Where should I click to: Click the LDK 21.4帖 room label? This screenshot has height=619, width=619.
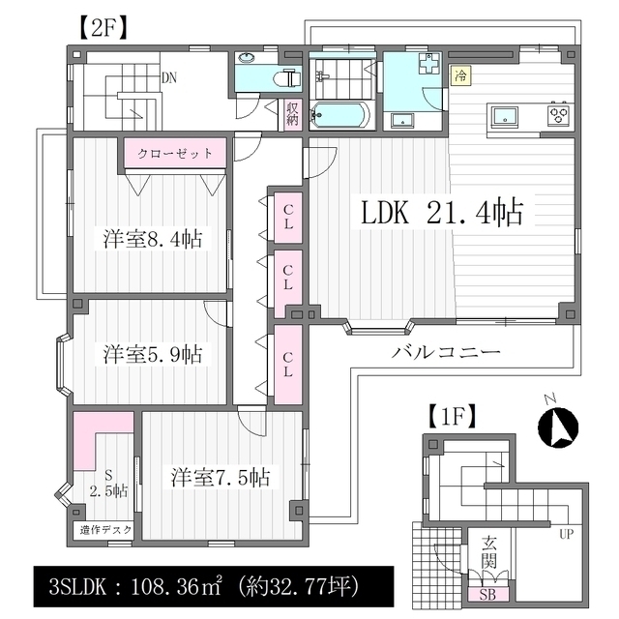[442, 212]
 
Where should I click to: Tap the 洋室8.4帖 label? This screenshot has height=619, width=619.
[153, 239]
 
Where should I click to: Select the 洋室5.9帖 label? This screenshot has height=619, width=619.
[153, 354]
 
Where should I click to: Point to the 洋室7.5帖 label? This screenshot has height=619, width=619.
[221, 477]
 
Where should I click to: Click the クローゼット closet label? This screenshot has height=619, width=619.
[175, 153]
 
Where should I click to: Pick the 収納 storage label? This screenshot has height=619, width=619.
[292, 113]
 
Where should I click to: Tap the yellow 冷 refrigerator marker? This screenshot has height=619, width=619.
[460, 75]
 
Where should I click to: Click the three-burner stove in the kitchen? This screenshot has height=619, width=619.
[558, 115]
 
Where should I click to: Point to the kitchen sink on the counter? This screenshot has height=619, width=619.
[503, 118]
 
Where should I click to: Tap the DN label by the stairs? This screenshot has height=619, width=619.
[169, 77]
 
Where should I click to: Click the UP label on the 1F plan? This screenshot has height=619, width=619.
[566, 534]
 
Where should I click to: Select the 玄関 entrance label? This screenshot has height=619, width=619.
[488, 552]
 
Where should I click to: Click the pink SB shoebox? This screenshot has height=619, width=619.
[487, 594]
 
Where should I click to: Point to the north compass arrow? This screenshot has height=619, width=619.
[558, 427]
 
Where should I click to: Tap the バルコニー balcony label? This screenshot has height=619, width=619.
[446, 351]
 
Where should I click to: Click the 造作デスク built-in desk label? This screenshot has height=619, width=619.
[105, 530]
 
